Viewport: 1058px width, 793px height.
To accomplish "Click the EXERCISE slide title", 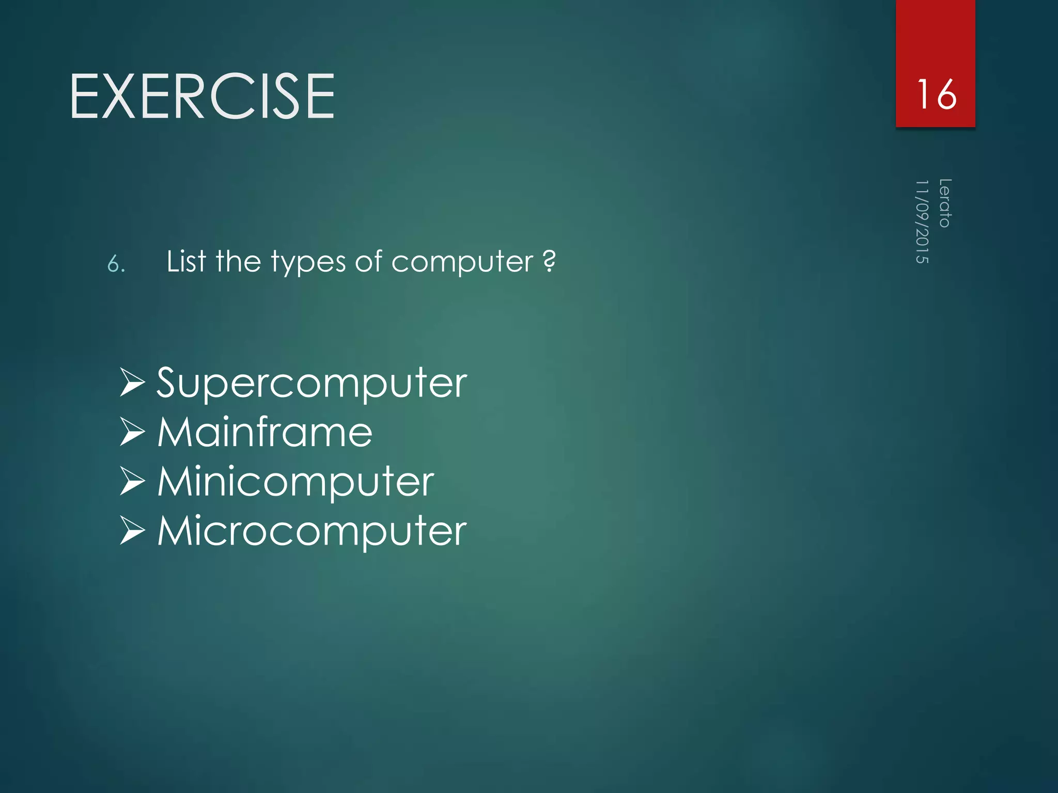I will point(202,97).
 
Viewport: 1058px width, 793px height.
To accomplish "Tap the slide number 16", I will point(936,94).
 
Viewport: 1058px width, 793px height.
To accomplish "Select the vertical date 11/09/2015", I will point(922,221).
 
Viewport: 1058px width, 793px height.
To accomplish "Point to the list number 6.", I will point(116,264).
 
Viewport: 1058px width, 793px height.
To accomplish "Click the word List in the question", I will point(186,261).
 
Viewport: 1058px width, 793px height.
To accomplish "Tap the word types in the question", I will point(308,262).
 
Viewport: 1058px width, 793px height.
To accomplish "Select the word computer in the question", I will point(462,262).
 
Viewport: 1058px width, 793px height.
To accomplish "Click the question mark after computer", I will point(550,261).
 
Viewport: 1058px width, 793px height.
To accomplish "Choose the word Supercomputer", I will point(312,384).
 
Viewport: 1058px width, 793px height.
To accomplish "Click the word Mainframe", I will point(264,432).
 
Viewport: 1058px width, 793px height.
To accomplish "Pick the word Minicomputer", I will point(295,482).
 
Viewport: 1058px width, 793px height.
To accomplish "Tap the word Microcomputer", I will point(312,531).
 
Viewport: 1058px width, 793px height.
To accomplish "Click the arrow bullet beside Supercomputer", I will point(132,383).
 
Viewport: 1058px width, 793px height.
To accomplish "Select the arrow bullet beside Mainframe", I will point(132,432).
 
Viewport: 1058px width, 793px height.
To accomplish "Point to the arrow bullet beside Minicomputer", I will point(132,481).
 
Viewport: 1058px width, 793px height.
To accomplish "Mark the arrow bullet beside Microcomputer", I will point(132,531).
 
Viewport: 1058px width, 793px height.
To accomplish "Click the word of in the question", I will point(368,261).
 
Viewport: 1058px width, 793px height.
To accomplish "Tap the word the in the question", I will point(238,261).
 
